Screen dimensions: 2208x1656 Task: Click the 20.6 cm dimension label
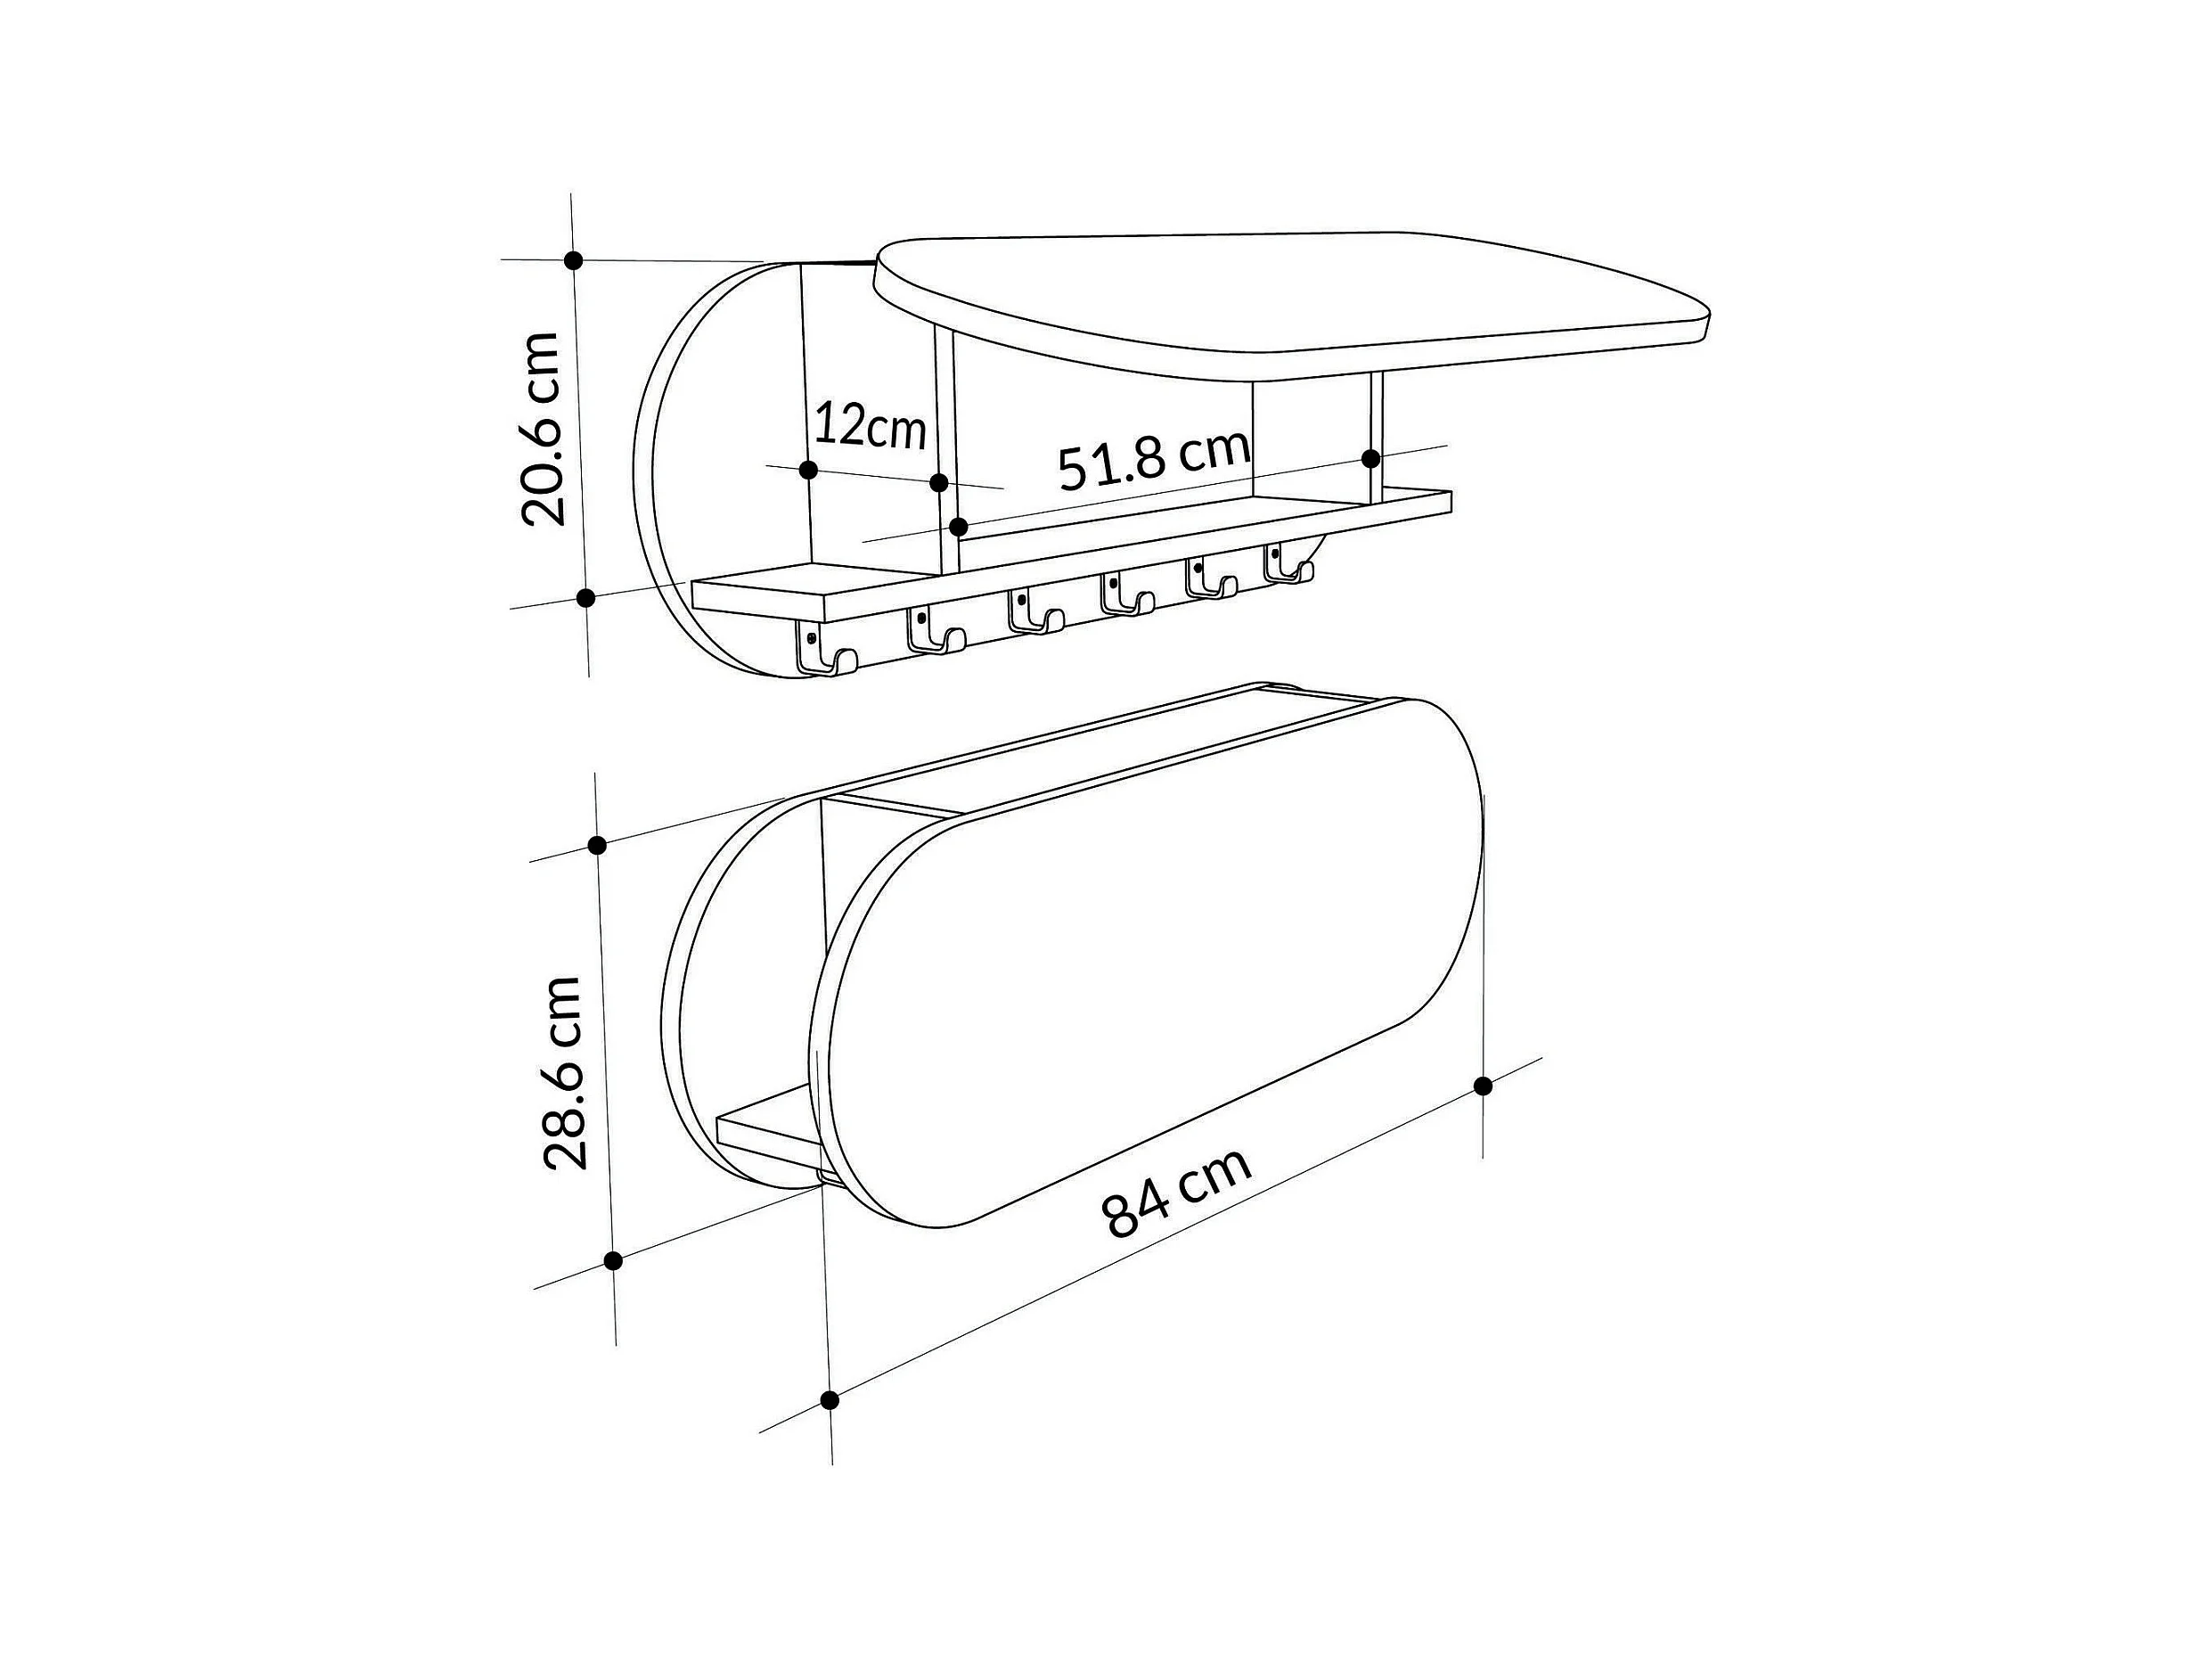[x=543, y=430]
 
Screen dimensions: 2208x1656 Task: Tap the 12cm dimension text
[x=871, y=426]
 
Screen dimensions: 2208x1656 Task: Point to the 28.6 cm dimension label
[x=562, y=1072]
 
